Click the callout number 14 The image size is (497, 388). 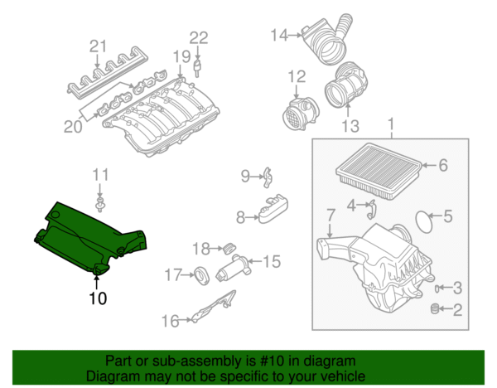[278, 35]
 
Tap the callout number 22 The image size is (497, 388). [199, 36]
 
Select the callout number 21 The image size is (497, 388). [99, 45]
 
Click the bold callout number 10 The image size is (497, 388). [98, 297]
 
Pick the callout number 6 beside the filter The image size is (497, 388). [442, 166]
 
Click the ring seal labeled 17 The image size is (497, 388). [200, 274]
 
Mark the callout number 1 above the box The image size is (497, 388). [390, 126]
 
